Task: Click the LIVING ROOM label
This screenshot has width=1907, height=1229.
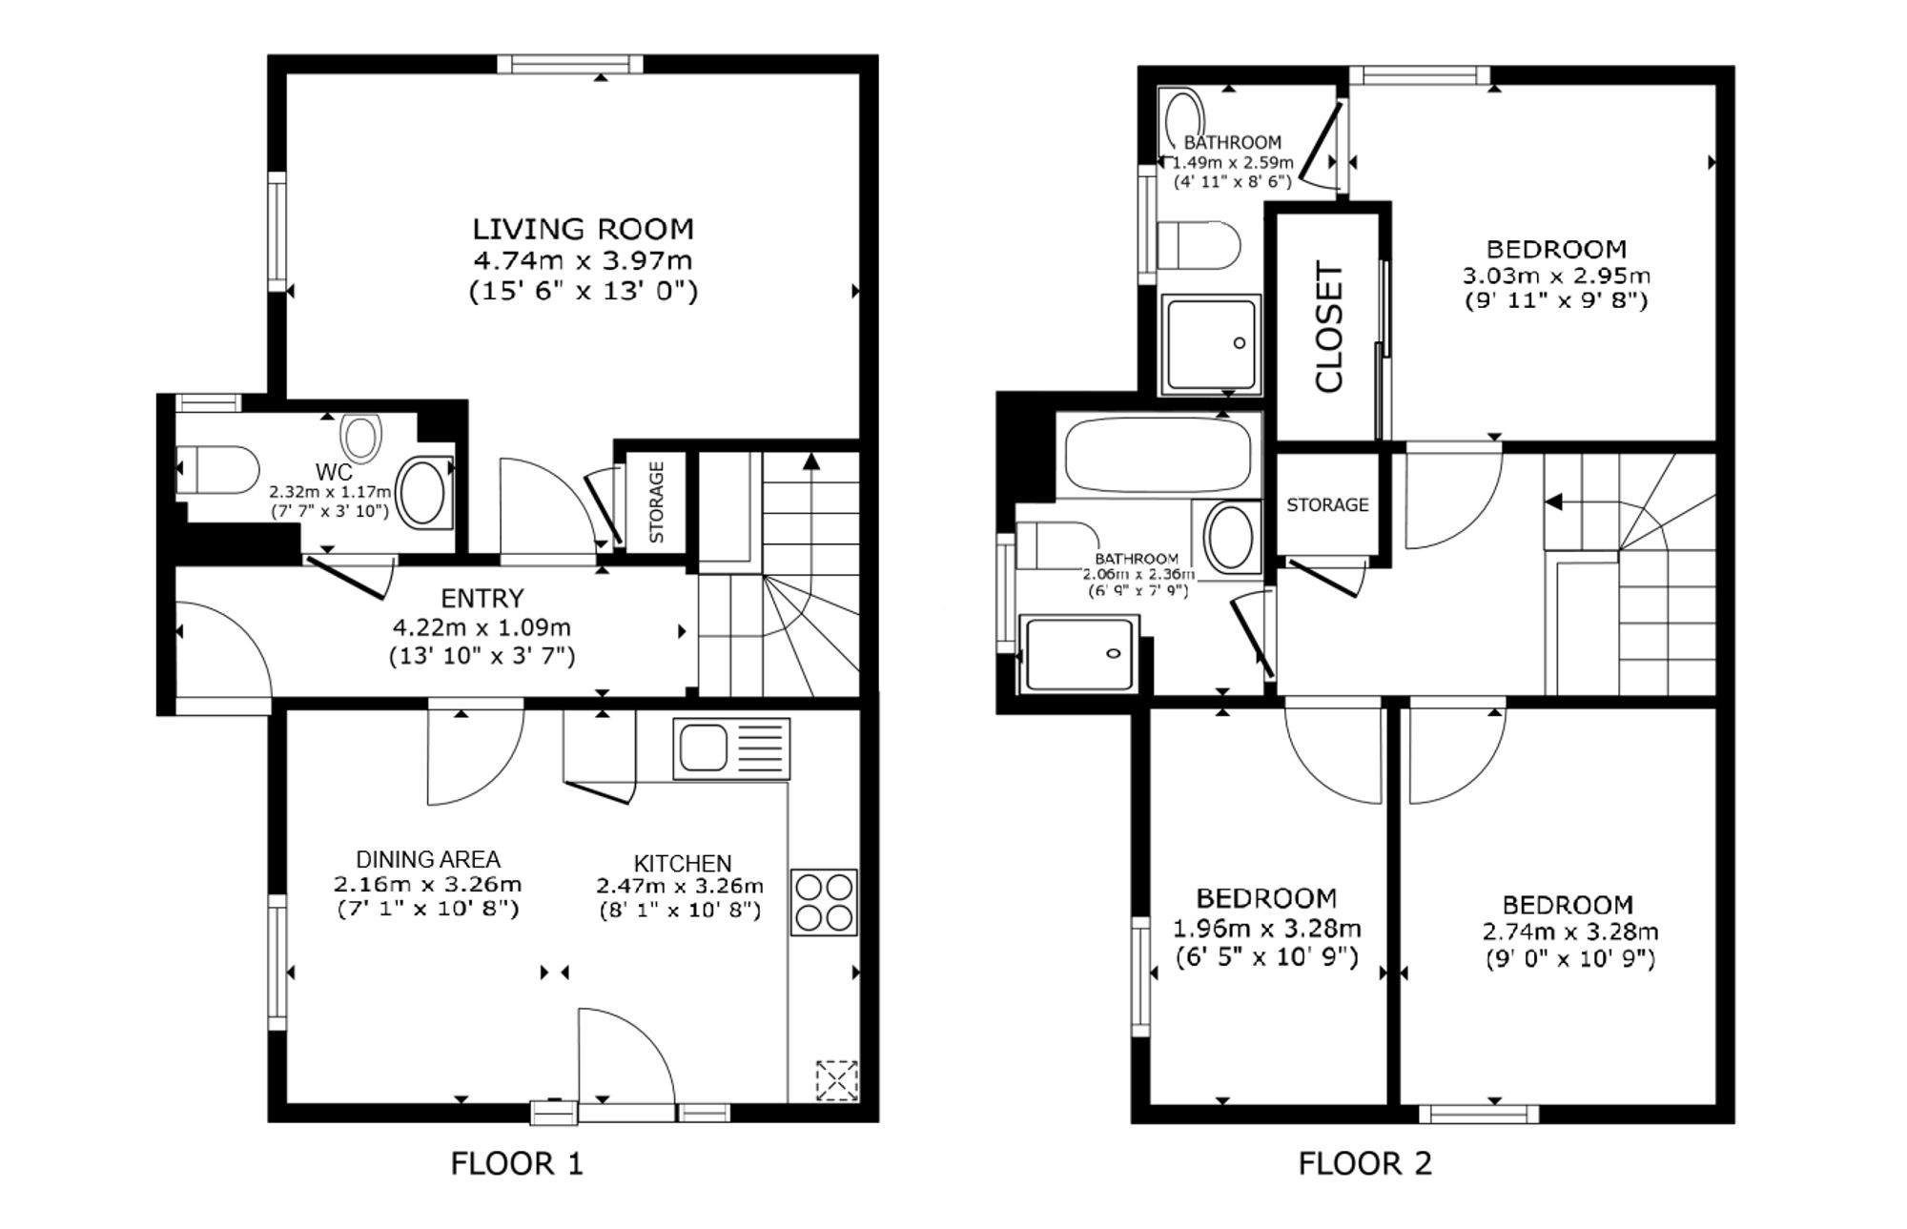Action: pyautogui.click(x=584, y=229)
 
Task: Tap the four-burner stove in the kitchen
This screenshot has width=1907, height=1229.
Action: pyautogui.click(x=824, y=902)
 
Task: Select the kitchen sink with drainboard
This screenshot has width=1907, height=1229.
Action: pyautogui.click(x=731, y=748)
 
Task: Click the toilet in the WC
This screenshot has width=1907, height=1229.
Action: pyautogui.click(x=218, y=470)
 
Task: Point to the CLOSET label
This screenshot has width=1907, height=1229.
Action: pyautogui.click(x=1329, y=326)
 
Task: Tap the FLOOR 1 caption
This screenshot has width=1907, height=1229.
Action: pyautogui.click(x=516, y=1163)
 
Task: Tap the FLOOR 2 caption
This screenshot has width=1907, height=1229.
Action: pyautogui.click(x=1365, y=1163)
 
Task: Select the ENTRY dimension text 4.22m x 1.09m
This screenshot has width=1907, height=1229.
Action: pyautogui.click(x=482, y=627)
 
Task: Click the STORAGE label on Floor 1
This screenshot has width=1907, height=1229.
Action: pyautogui.click(x=656, y=502)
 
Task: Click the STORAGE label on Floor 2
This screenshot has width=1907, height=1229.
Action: pyautogui.click(x=1327, y=504)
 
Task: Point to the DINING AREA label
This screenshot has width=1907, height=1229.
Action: pyautogui.click(x=428, y=859)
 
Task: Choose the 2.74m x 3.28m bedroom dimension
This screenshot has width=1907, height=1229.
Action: pyautogui.click(x=1570, y=932)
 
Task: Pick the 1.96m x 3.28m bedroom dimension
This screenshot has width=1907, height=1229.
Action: pyautogui.click(x=1266, y=928)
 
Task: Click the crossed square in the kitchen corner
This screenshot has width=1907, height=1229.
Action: pyautogui.click(x=837, y=1081)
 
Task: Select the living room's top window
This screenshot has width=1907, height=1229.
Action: pyautogui.click(x=570, y=64)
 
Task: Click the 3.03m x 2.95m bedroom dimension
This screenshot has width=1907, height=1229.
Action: pyautogui.click(x=1556, y=276)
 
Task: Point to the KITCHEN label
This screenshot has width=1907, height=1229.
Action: pyautogui.click(x=683, y=863)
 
